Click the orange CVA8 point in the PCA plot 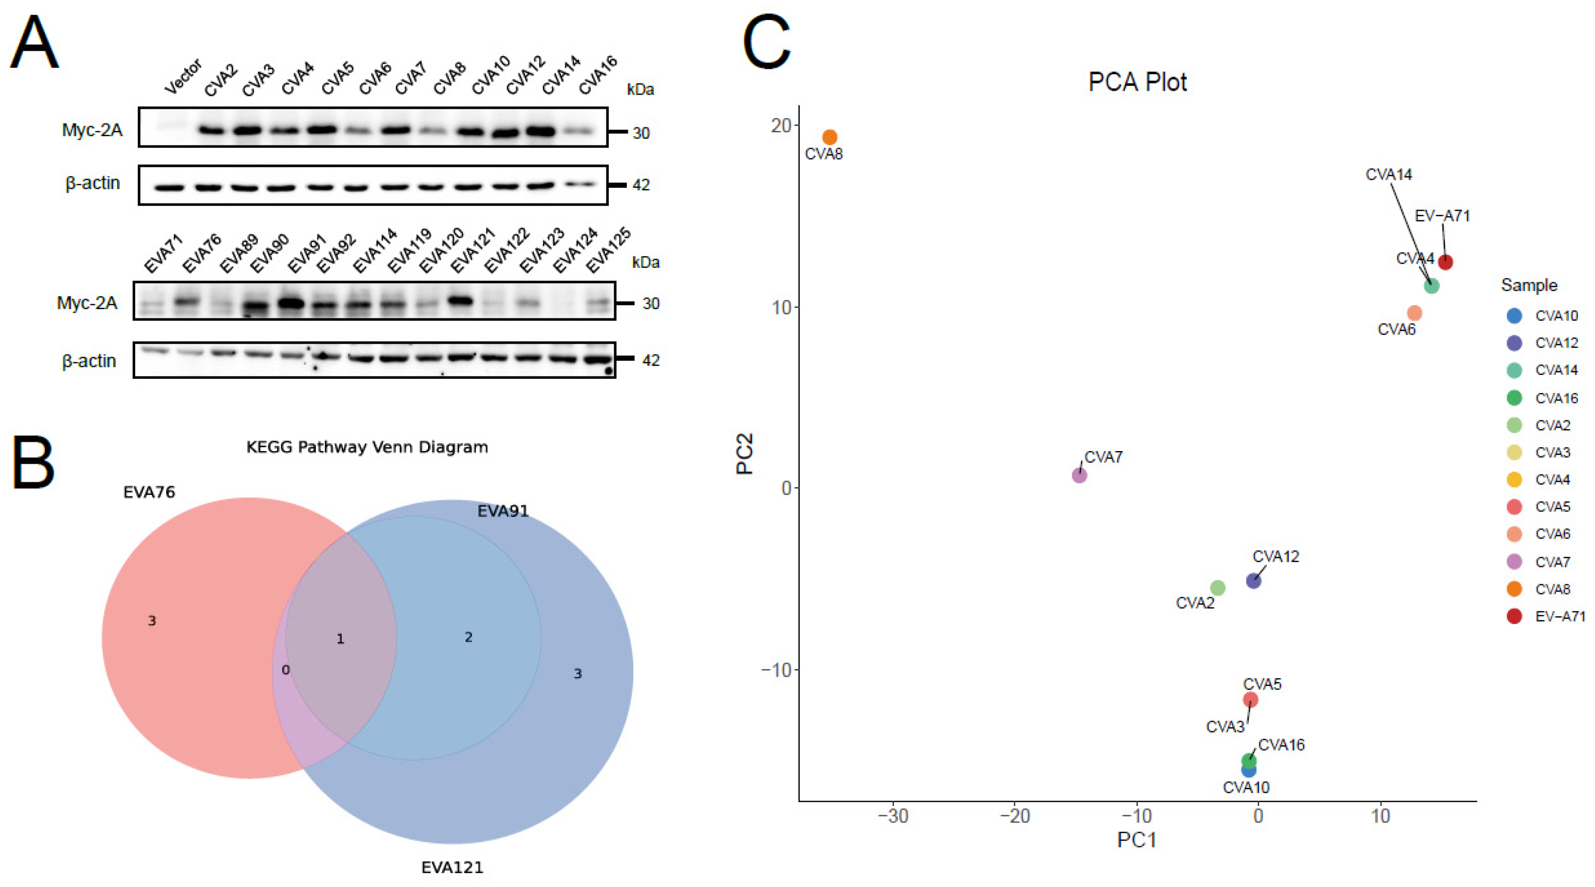pos(829,137)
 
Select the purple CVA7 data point pos(1079,475)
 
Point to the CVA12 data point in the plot pos(1253,580)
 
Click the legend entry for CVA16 pos(1542,398)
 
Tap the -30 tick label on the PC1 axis pos(893,816)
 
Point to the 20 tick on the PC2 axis pos(783,125)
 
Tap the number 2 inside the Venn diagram pos(469,637)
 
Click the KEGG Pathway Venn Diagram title pos(367,447)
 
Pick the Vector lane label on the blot pos(183,77)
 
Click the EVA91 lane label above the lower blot pos(307,255)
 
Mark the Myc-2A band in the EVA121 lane pos(460,301)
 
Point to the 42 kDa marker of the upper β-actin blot pos(641,185)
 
